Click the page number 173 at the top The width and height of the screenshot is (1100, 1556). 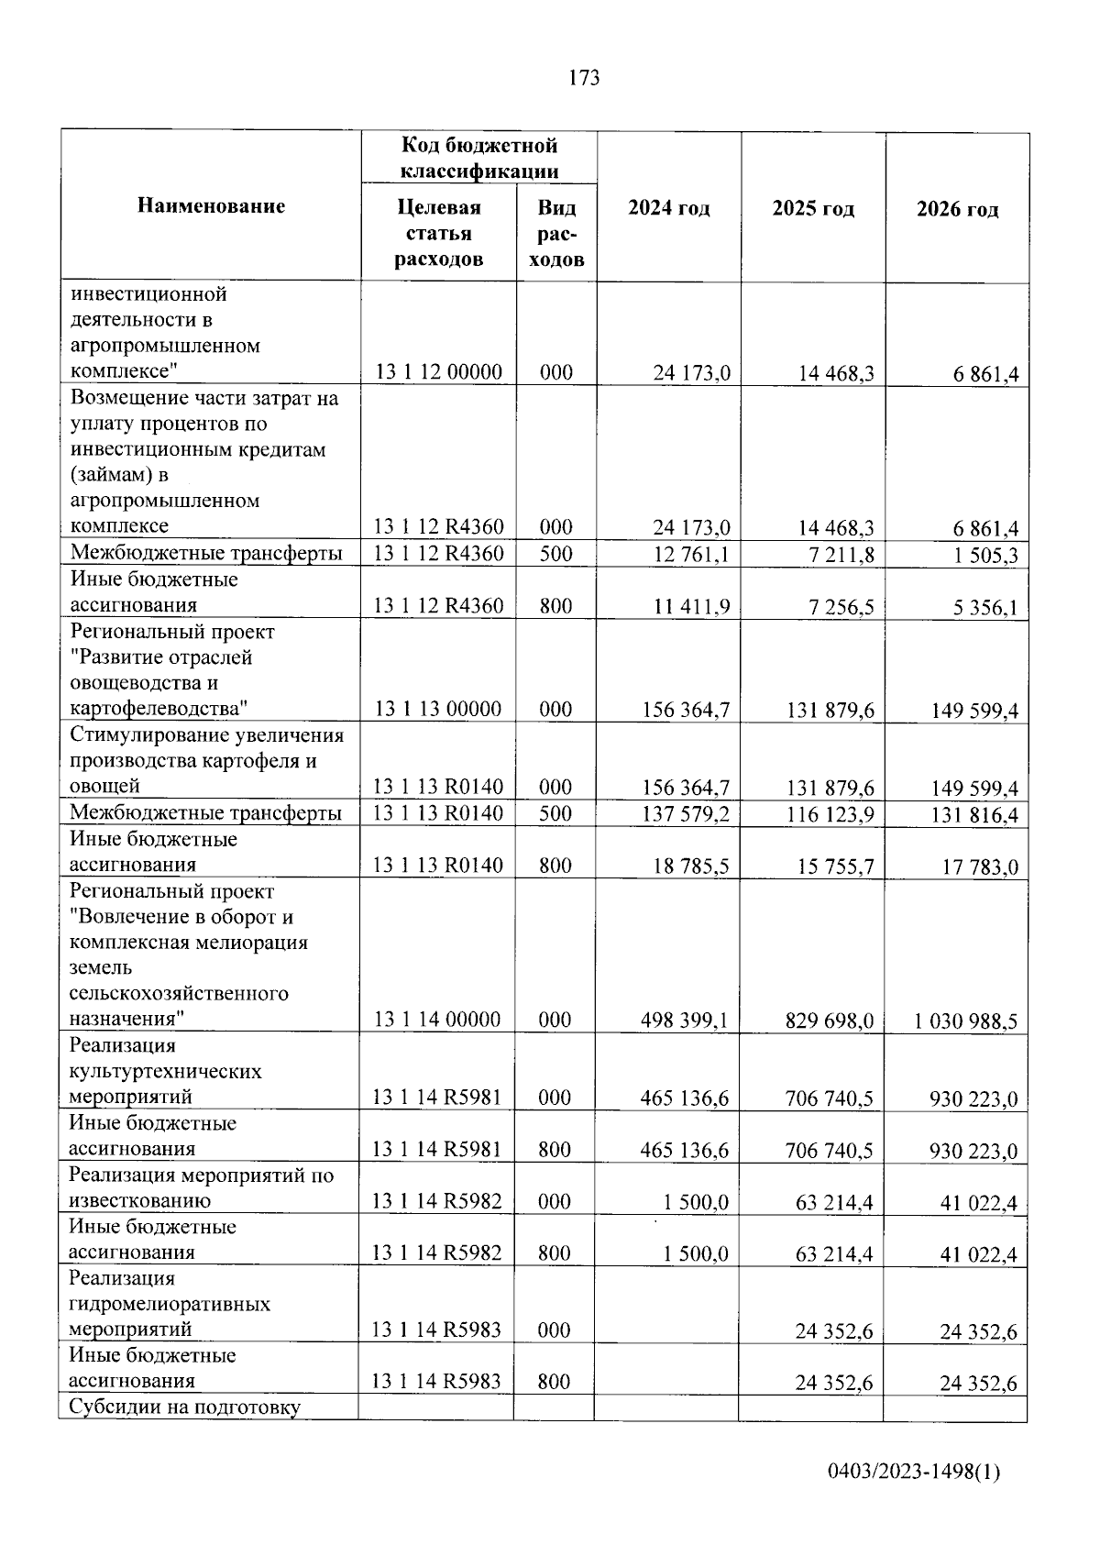tap(584, 79)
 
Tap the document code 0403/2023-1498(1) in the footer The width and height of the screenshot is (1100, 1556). tap(914, 1473)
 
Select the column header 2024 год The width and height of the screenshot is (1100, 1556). tap(669, 209)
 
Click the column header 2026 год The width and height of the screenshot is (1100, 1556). tap(958, 209)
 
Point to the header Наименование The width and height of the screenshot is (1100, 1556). tap(211, 206)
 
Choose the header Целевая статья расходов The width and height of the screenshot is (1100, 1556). tap(439, 234)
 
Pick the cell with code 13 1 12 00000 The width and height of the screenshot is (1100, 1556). tap(439, 372)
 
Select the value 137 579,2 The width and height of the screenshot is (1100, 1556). tap(687, 813)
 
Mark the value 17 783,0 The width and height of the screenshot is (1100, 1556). tap(980, 866)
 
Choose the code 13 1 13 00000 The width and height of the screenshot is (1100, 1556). tap(438, 709)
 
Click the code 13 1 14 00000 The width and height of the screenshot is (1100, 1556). tap(437, 1020)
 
